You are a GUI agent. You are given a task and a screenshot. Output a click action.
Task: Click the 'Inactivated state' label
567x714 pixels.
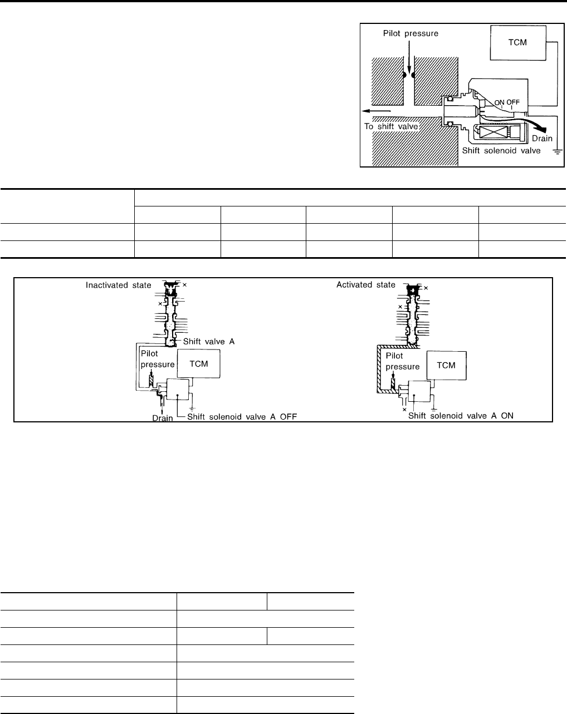[118, 285]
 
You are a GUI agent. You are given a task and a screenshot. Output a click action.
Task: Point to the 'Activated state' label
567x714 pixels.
[366, 285]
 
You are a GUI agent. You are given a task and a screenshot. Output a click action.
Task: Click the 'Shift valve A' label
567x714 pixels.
[209, 341]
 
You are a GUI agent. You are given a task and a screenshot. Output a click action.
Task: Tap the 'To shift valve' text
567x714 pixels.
[391, 126]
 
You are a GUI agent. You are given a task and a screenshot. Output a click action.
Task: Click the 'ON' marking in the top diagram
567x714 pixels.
[499, 102]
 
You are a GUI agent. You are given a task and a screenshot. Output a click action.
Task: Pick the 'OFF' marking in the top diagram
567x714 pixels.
[513, 102]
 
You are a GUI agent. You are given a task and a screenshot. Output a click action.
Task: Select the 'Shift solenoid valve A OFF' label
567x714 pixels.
[242, 417]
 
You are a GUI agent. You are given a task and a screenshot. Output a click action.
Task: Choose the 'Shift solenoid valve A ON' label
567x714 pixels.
[461, 416]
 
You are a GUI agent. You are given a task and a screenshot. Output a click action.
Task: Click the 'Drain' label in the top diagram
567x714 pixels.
[542, 139]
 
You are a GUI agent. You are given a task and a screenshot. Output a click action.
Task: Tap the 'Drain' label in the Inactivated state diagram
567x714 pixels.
[163, 418]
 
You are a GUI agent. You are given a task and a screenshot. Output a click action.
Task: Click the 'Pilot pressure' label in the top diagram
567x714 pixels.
[410, 33]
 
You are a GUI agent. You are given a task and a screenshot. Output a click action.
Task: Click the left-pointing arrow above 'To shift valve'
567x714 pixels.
[376, 111]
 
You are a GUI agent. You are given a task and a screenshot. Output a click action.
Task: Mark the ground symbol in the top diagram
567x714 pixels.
[558, 151]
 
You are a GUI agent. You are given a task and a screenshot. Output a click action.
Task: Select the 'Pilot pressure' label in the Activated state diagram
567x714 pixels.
[402, 361]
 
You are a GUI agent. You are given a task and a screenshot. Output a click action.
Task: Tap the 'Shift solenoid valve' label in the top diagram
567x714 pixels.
[501, 151]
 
